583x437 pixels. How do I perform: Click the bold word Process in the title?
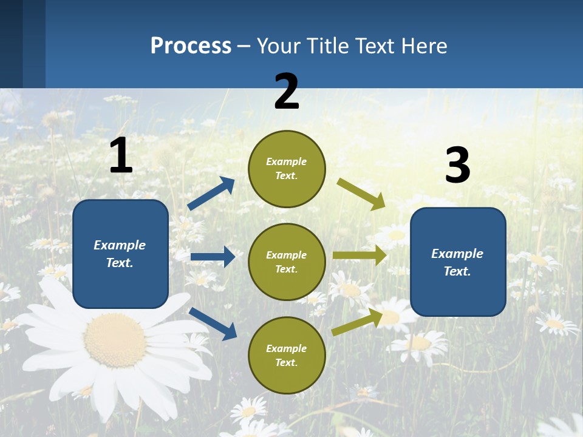click(191, 46)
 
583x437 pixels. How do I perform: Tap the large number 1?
click(121, 155)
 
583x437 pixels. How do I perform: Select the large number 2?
click(287, 92)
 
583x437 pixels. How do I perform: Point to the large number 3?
click(457, 166)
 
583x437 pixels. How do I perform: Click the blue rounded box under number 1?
click(120, 254)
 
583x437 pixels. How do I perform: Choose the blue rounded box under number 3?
click(458, 262)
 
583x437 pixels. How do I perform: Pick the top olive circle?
click(287, 169)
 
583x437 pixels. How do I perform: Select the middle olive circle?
click(287, 262)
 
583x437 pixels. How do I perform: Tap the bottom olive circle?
click(287, 355)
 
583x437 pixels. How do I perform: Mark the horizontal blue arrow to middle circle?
click(213, 257)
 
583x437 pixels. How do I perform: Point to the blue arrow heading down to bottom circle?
click(213, 323)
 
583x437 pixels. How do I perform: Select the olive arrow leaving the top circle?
click(361, 194)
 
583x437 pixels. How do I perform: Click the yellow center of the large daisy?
click(115, 340)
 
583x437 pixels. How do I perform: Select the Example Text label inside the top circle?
click(287, 169)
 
